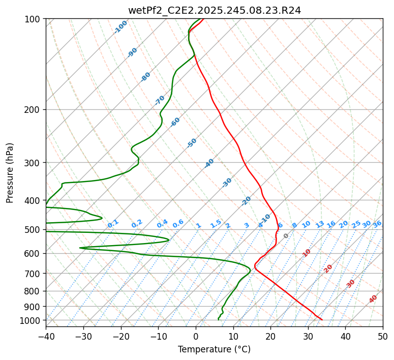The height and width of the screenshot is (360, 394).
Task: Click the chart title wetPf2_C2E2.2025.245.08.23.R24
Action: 214,10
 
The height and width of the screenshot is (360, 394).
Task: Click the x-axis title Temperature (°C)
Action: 214,349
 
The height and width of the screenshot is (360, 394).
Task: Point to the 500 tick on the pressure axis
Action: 34,230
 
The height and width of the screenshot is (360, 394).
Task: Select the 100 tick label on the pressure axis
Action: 34,19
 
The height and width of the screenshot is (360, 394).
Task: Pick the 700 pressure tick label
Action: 34,274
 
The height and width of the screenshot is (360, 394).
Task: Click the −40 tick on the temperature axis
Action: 46,336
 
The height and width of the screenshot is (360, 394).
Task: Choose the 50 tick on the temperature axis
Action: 383,336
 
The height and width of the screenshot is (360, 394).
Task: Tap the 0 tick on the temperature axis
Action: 196,336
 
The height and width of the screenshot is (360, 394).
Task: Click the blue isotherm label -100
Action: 121,26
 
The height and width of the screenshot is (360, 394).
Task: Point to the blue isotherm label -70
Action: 160,100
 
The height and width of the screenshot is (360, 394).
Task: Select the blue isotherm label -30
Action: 227,182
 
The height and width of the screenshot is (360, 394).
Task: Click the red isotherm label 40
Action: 373,299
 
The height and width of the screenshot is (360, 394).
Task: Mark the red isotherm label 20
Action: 328,268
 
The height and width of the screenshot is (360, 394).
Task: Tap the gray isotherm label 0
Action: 286,236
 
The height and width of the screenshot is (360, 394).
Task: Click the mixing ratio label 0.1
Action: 113,224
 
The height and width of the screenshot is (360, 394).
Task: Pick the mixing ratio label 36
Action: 377,224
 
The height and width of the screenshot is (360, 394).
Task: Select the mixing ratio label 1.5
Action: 216,224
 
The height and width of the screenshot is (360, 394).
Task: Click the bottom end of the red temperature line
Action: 322,320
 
